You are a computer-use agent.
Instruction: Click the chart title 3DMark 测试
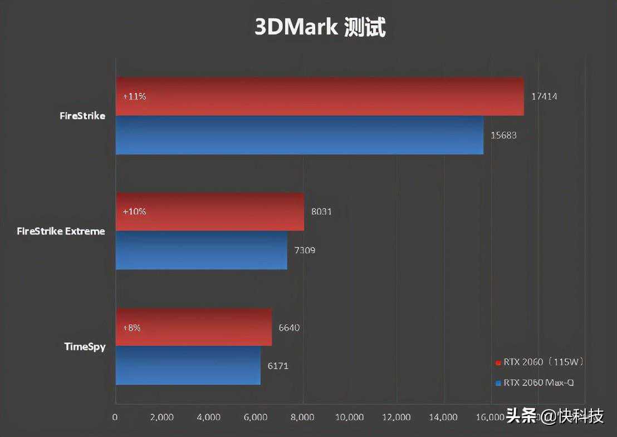click(x=320, y=27)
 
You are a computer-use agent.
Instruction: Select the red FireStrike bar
click(x=320, y=96)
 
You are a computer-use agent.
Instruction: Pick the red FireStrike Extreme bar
click(x=210, y=212)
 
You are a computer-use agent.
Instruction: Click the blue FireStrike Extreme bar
click(x=202, y=250)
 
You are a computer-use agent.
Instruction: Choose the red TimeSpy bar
click(x=194, y=327)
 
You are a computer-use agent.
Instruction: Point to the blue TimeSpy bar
click(x=188, y=366)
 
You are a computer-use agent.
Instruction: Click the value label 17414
click(x=544, y=96)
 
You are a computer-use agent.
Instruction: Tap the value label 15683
click(x=504, y=135)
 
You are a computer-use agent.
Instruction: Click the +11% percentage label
click(x=134, y=96)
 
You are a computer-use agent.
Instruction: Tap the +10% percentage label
click(x=134, y=212)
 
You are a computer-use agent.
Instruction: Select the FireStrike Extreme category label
click(x=61, y=231)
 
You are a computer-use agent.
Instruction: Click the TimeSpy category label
click(x=85, y=347)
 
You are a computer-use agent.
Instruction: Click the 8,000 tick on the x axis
click(x=303, y=417)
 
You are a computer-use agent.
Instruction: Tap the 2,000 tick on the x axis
click(x=162, y=417)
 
